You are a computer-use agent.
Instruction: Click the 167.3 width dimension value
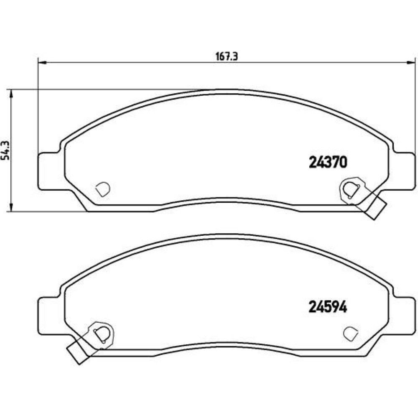(226, 57)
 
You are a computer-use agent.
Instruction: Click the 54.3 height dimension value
(6, 150)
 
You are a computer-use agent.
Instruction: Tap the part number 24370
(328, 162)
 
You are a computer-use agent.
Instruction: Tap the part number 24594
(328, 307)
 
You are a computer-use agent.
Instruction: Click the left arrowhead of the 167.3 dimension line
(43, 63)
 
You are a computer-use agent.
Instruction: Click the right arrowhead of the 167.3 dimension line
(410, 63)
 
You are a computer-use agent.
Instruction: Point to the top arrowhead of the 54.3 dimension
(11, 94)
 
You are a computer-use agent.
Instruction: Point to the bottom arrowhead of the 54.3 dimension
(11, 207)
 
